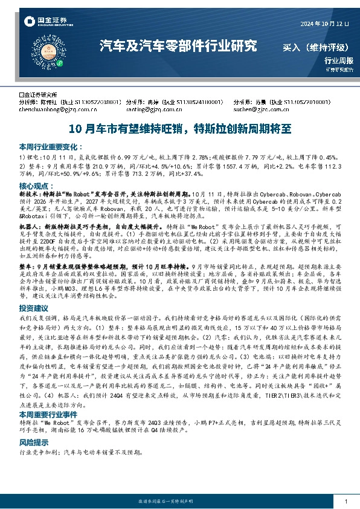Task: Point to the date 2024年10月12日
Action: (325, 24)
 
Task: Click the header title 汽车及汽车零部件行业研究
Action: (178, 45)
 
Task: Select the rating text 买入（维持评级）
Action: (315, 47)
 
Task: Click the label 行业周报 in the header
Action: (336, 60)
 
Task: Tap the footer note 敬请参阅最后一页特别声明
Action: (180, 502)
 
